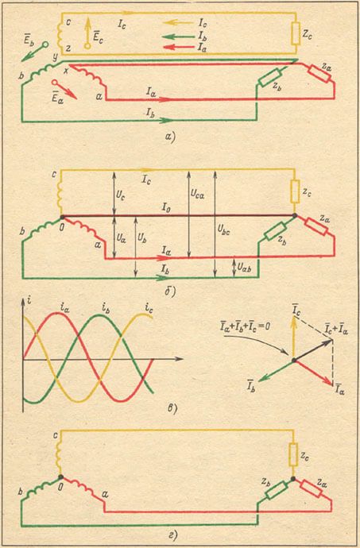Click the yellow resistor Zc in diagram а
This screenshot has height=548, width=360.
(x=296, y=33)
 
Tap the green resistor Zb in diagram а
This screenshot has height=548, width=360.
(x=270, y=77)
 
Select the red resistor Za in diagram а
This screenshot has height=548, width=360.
(x=319, y=74)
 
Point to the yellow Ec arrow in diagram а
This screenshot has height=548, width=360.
(x=87, y=33)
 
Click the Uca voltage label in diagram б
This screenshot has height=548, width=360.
(x=197, y=194)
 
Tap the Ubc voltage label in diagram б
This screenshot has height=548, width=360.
(x=223, y=230)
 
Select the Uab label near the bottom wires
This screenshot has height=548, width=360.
(x=244, y=268)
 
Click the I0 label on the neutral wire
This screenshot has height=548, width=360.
(x=165, y=208)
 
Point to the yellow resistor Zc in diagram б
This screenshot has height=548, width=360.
(x=295, y=191)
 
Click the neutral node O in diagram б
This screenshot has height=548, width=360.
(x=62, y=217)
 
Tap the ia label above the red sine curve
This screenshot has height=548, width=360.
(x=64, y=308)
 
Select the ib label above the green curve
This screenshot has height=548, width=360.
(x=106, y=308)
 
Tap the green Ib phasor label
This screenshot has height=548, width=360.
(x=251, y=388)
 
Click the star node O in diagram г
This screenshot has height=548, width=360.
(x=61, y=477)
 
